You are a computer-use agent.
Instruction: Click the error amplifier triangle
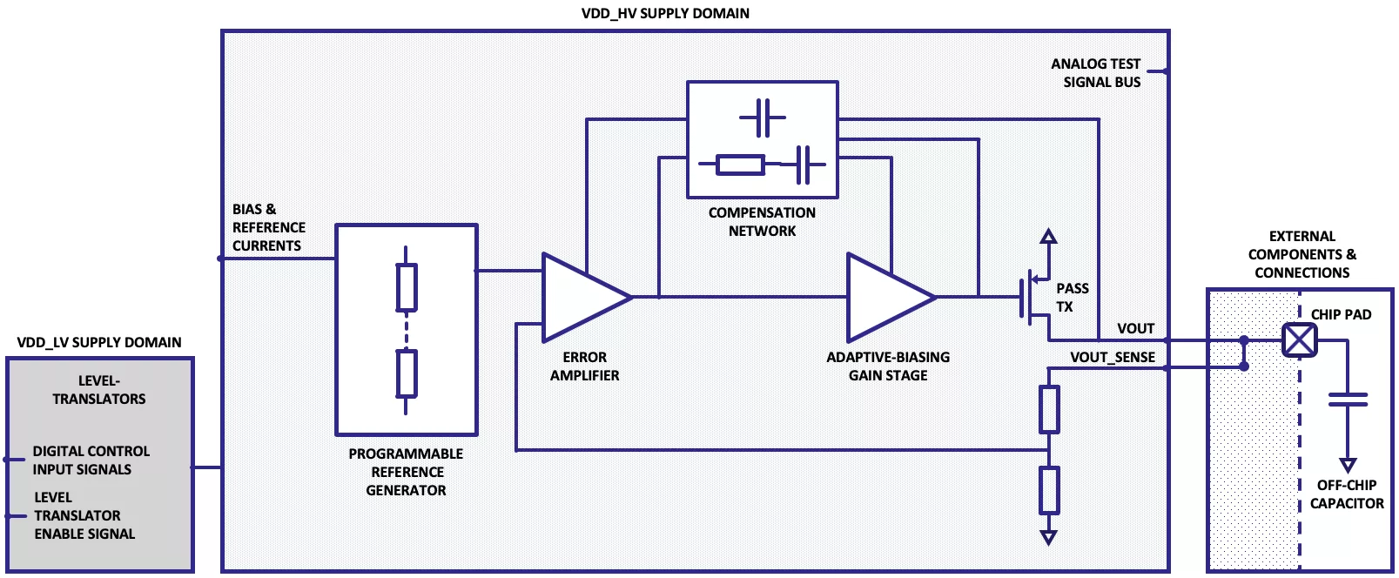click(x=584, y=297)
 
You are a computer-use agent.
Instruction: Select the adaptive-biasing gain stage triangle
click(x=889, y=297)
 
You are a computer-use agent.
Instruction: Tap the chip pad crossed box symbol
click(x=1300, y=340)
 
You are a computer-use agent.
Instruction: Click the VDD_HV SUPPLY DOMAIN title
click(x=665, y=13)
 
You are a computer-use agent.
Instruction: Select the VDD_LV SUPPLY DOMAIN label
click(x=99, y=342)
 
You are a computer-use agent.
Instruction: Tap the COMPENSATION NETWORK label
click(x=762, y=222)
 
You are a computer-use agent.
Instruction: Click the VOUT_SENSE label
click(x=1113, y=357)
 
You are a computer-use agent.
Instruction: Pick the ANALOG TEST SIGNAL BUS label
click(x=1096, y=73)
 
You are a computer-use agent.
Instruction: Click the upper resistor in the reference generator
click(x=407, y=287)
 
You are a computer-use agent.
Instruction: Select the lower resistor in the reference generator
click(x=407, y=373)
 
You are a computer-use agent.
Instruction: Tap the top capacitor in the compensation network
click(x=763, y=118)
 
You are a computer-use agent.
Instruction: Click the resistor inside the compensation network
click(x=740, y=165)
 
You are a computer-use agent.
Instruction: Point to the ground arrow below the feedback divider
click(x=1049, y=537)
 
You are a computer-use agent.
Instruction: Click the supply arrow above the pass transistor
click(x=1049, y=236)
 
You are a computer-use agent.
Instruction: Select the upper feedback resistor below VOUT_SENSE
click(x=1049, y=409)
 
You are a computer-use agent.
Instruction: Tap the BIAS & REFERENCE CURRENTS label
click(x=268, y=227)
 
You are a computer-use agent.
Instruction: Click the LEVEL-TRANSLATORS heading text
click(x=98, y=389)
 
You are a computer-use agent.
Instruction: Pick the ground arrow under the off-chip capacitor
click(x=1348, y=465)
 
